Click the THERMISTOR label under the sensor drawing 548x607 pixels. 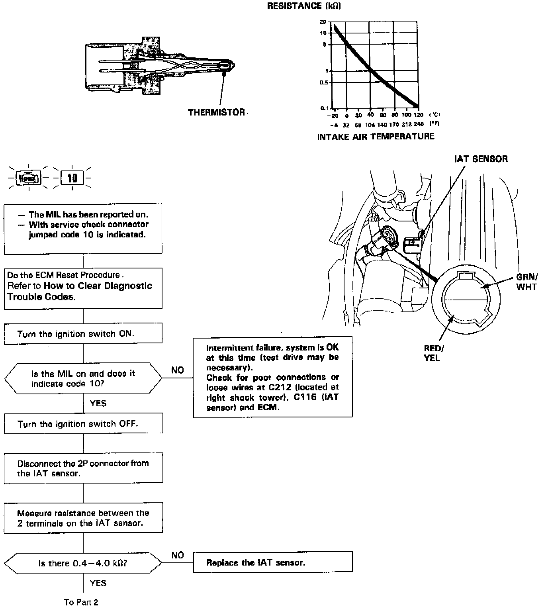point(216,112)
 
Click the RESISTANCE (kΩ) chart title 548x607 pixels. point(304,6)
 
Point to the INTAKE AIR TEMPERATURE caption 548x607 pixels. point(376,137)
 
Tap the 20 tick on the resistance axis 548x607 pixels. point(323,22)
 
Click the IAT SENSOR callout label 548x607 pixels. point(481,159)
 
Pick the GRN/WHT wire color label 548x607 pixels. point(526,282)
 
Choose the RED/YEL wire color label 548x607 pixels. point(433,353)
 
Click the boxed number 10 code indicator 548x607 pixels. point(72,178)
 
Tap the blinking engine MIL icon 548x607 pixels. point(29,178)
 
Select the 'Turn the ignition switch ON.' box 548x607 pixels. point(83,333)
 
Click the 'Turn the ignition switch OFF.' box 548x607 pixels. point(83,423)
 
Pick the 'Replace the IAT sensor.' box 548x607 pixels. point(272,562)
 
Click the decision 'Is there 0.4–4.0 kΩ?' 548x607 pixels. point(83,563)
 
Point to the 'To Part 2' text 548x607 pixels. point(81,602)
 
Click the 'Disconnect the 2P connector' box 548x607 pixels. point(83,468)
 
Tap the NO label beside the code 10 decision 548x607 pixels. point(178,370)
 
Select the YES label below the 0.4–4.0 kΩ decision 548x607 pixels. point(98,583)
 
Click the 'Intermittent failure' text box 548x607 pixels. point(272,377)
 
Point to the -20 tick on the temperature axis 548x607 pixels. point(333,116)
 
